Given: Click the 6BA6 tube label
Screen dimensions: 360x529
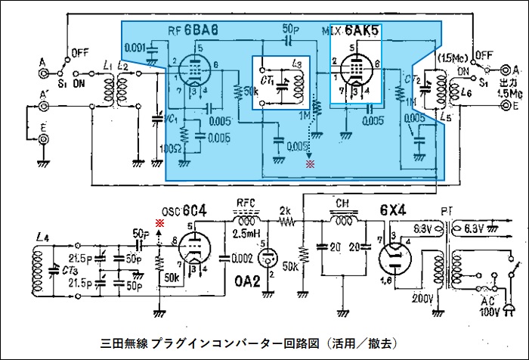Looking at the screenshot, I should [201, 31].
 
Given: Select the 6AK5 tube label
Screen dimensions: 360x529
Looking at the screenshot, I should [361, 30].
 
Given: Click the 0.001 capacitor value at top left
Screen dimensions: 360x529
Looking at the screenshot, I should [135, 47].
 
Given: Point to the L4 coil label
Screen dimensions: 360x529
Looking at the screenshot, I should [42, 239].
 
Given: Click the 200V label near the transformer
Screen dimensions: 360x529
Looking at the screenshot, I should [422, 299].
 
